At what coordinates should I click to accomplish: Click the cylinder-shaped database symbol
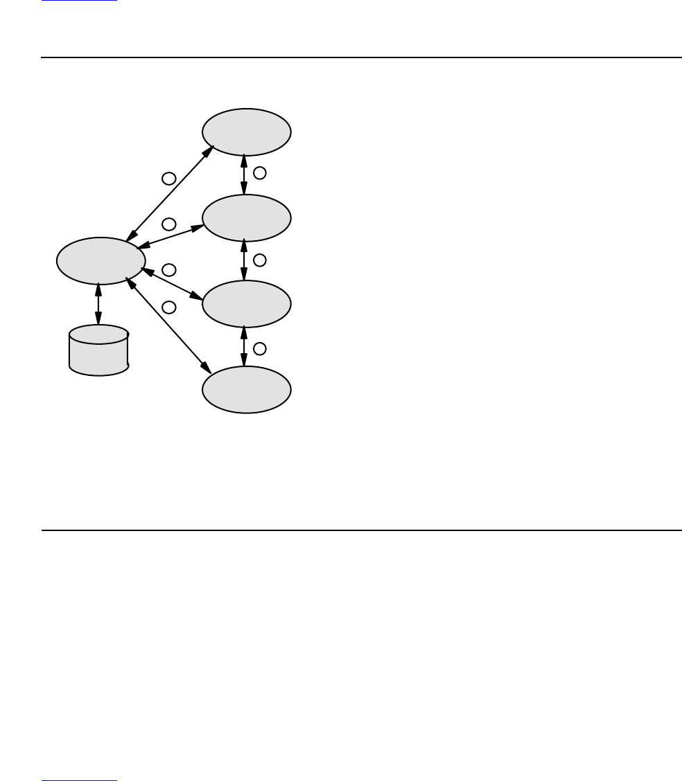pyautogui.click(x=99, y=350)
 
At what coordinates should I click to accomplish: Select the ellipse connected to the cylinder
pyautogui.click(x=100, y=261)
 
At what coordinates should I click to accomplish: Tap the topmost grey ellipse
pyautogui.click(x=246, y=132)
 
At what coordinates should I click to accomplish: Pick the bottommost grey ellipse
pyautogui.click(x=246, y=390)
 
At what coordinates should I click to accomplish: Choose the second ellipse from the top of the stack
pyautogui.click(x=246, y=218)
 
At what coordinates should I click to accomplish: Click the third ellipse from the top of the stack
pyautogui.click(x=246, y=304)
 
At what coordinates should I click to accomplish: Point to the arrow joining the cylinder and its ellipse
pyautogui.click(x=98, y=305)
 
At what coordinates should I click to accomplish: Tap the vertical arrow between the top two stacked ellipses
pyautogui.click(x=244, y=175)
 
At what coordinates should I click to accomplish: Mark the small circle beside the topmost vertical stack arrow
pyautogui.click(x=259, y=172)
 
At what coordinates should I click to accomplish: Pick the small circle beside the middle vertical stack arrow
pyautogui.click(x=259, y=260)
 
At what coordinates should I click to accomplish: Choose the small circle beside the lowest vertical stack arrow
pyautogui.click(x=259, y=348)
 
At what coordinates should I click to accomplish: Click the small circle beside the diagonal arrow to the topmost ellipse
pyautogui.click(x=168, y=179)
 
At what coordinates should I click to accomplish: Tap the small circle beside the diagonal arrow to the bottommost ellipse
pyautogui.click(x=168, y=307)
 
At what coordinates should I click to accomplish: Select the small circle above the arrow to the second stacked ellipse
pyautogui.click(x=168, y=224)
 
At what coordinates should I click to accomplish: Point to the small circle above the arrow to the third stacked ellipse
pyautogui.click(x=168, y=269)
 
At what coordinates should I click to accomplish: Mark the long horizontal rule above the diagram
pyautogui.click(x=361, y=57)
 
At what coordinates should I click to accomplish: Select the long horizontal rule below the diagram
pyautogui.click(x=361, y=531)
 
